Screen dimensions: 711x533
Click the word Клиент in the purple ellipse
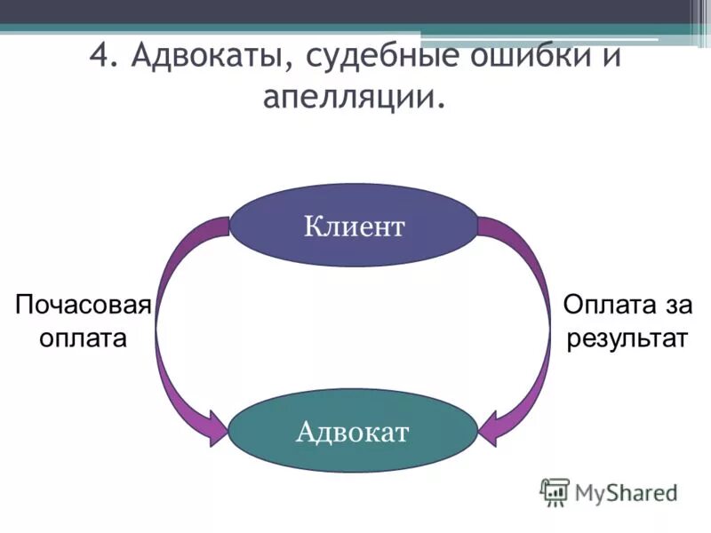tap(354, 227)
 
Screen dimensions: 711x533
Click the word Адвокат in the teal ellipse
tap(353, 433)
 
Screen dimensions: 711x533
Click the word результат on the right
tap(627, 338)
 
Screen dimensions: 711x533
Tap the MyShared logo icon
tap(555, 491)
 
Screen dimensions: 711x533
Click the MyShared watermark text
tap(625, 491)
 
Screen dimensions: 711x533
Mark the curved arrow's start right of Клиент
tap(489, 226)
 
